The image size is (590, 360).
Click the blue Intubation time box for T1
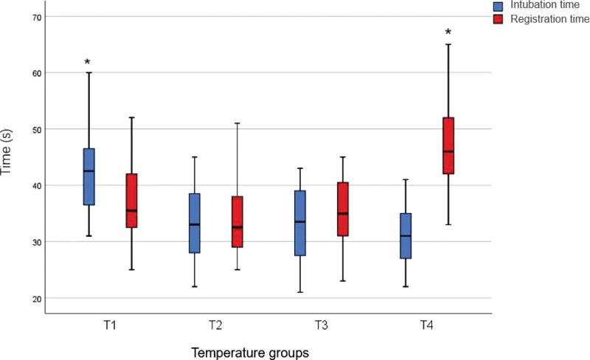88,177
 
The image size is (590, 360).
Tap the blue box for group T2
195,223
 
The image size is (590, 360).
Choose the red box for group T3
342,210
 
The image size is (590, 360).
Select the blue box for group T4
406,236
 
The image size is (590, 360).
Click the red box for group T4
448,145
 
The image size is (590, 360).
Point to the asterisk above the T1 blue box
88,63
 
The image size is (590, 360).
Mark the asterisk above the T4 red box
448,33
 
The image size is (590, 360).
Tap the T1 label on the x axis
110,325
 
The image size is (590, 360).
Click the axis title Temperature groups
251,353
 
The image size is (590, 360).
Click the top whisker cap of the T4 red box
448,44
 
